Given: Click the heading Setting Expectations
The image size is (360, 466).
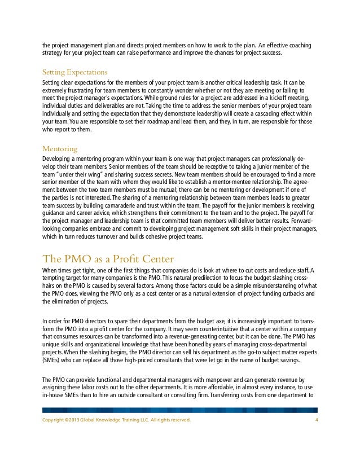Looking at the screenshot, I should (75, 72).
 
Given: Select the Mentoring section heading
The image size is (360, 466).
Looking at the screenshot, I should (60, 149).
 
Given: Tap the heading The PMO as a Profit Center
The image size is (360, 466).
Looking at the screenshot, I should (107, 259).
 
